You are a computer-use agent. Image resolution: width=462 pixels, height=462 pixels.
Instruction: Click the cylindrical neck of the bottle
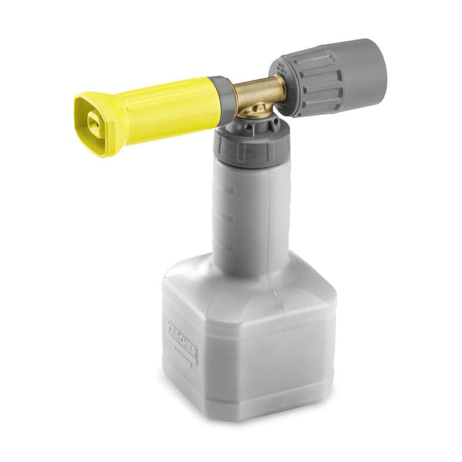(251, 211)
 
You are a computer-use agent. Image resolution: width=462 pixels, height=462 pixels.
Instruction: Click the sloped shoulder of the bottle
(218, 277)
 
